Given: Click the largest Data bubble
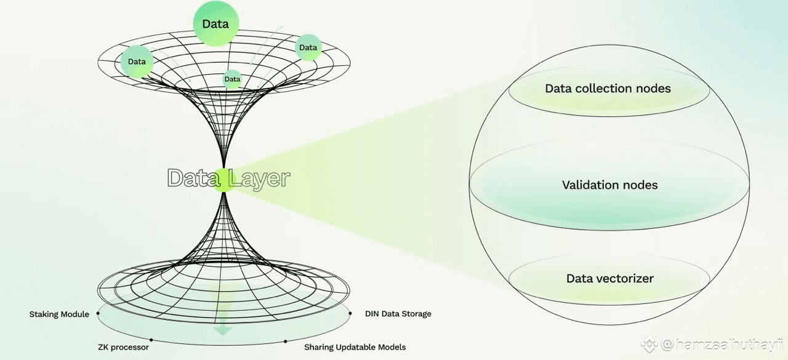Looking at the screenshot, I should coord(215,24).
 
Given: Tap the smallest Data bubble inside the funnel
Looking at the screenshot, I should coord(232,79).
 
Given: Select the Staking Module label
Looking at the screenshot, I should coord(59,314).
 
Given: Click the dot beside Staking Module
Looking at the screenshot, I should coord(98,313).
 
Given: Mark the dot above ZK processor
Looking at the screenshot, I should coord(151,339).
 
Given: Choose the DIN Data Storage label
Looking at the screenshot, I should coord(398,314).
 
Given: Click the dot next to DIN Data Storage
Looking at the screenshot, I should coord(350,313).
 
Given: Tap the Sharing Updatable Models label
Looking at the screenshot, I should coord(355,347).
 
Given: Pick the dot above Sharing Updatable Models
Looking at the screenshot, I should coord(285,340).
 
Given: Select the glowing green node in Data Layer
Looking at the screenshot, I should coord(224,180).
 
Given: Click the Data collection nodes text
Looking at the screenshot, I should coord(608,89).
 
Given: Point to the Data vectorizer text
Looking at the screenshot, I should coord(609,279).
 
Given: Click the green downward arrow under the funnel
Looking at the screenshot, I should coord(223,330).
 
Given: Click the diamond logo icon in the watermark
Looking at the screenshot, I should coord(648,345).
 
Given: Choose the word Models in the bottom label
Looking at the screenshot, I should coord(392,347).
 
